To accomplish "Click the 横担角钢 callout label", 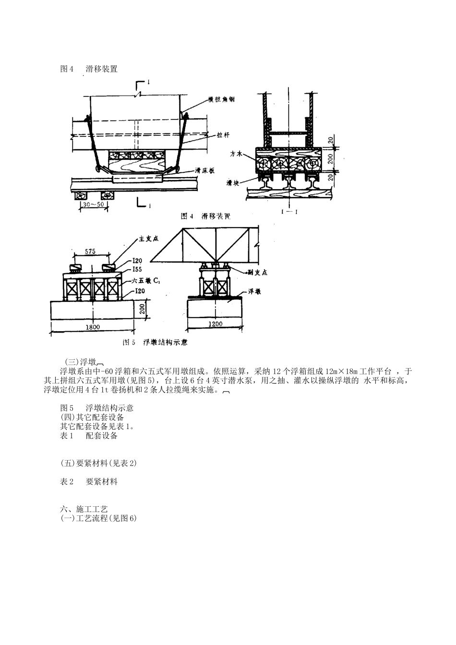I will pyautogui.click(x=221, y=100).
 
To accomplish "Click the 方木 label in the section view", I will pyautogui.click(x=235, y=155).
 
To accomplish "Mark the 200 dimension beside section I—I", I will pyautogui.click(x=330, y=159).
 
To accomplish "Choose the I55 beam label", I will pyautogui.click(x=139, y=269).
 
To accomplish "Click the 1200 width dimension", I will pyautogui.click(x=216, y=324).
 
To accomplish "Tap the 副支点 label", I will pyautogui.click(x=257, y=272).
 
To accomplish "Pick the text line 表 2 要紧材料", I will pyautogui.click(x=89, y=481).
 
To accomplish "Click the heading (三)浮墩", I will pyautogui.click(x=82, y=362).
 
